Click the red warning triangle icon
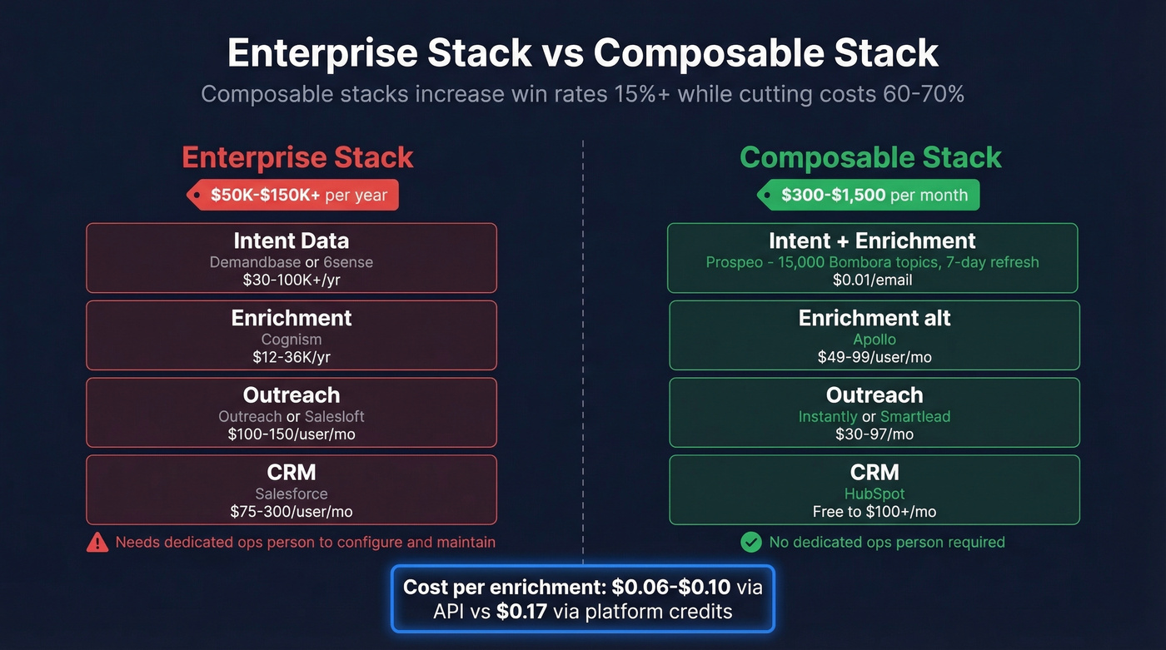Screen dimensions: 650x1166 97,543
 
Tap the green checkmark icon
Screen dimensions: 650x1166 751,543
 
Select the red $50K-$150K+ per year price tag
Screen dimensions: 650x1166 292,196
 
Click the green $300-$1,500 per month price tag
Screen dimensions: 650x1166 868,196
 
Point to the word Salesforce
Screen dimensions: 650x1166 291,494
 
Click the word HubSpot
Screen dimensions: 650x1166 874,494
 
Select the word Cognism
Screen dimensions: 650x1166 291,340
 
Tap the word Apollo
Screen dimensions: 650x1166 874,340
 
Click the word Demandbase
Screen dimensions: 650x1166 255,262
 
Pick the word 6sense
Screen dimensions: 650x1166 348,262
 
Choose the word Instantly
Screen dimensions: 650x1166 827,416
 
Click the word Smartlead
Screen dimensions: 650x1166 915,416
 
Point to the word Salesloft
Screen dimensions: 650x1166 334,416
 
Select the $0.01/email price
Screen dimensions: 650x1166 872,280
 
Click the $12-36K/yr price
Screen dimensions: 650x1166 291,357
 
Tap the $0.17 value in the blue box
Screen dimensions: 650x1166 521,612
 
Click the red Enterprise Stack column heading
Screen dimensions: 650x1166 297,157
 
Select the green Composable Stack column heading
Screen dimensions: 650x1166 870,157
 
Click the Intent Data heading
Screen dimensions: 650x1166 291,241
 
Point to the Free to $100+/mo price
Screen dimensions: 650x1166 874,512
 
